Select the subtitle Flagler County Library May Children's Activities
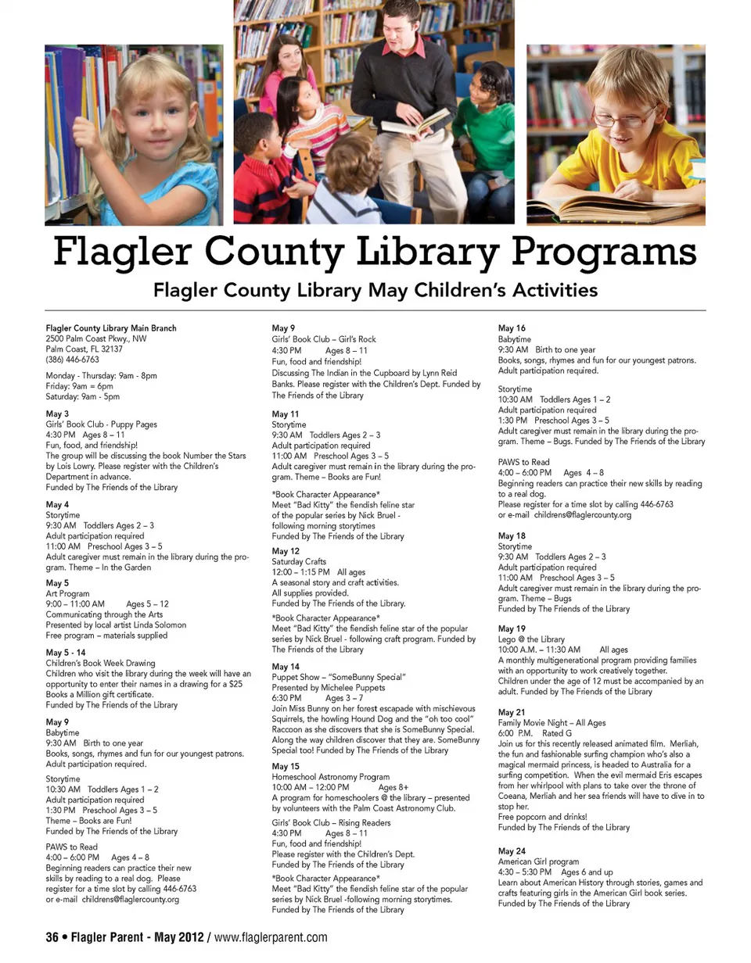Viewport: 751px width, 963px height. (375, 291)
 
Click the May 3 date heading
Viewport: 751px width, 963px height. (57, 413)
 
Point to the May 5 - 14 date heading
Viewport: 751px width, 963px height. (66, 653)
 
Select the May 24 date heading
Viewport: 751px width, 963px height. (512, 851)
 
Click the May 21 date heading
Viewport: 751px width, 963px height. (512, 712)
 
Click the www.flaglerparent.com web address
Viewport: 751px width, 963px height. (271, 937)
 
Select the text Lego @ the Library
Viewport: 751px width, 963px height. (531, 639)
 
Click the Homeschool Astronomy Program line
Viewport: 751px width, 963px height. (330, 777)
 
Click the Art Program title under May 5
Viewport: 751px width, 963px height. (68, 594)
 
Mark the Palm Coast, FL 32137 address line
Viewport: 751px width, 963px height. (84, 349)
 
